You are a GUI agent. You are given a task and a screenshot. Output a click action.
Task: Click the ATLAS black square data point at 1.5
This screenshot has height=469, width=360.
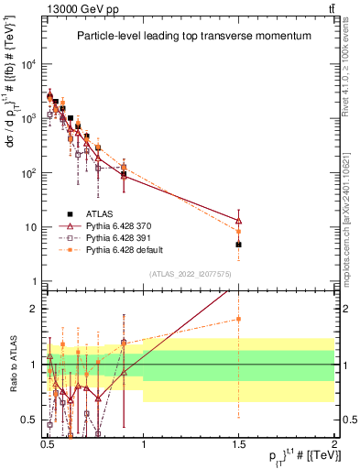(238, 245)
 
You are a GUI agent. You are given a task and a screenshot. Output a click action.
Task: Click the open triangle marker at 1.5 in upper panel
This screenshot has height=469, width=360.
(238, 221)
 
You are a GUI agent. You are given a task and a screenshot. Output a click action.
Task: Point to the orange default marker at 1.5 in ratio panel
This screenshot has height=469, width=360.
(238, 319)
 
